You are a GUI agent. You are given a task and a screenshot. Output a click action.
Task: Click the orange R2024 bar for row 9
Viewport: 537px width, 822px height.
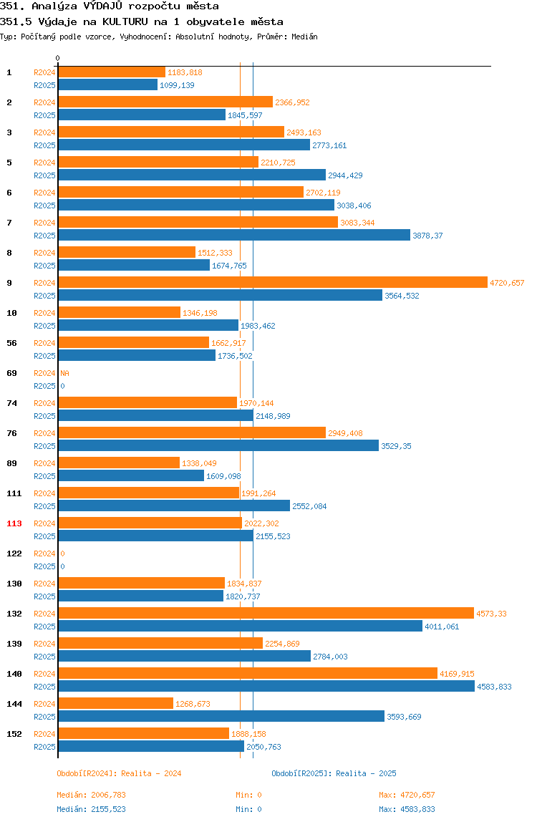click(x=273, y=283)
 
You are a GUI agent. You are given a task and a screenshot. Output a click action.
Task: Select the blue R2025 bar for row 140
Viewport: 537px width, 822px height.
click(x=266, y=686)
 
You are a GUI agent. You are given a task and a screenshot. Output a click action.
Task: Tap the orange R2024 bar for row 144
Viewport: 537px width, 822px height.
click(x=115, y=704)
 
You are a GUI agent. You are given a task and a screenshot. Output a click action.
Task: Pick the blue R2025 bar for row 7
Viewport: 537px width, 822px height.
click(x=234, y=236)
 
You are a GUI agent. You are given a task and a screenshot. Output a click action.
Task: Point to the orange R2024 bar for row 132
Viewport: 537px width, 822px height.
click(x=266, y=614)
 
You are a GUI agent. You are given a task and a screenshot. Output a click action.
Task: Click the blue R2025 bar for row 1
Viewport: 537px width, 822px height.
click(x=107, y=85)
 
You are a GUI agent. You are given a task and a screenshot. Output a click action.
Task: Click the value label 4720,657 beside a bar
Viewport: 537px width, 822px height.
click(x=507, y=283)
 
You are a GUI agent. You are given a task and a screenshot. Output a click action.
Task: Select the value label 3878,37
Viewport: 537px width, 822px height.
click(x=427, y=236)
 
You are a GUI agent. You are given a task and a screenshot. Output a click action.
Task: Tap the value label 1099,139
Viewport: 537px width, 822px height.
click(x=177, y=85)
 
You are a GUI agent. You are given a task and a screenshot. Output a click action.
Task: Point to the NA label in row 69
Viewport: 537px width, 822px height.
click(x=64, y=373)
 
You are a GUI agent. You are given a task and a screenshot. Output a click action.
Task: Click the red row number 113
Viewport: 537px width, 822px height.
click(x=14, y=523)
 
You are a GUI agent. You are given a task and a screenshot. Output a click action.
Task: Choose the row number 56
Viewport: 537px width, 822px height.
click(x=11, y=343)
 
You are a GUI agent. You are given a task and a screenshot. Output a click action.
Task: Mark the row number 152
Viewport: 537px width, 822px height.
click(x=14, y=734)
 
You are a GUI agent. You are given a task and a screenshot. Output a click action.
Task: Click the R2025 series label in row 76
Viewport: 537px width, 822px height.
click(x=44, y=446)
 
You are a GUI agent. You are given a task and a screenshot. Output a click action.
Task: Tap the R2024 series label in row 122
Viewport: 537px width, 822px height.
click(x=44, y=553)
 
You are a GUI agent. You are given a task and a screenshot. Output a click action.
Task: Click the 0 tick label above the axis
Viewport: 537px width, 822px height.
click(x=58, y=58)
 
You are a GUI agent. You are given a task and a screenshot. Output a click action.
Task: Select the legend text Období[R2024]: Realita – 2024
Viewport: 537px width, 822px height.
click(x=119, y=773)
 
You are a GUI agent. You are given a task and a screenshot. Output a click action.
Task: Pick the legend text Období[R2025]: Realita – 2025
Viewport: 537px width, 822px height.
click(x=334, y=773)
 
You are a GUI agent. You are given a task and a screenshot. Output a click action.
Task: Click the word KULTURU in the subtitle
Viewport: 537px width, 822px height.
click(x=125, y=22)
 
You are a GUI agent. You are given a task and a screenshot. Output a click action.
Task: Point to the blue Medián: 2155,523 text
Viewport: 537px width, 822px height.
click(x=91, y=809)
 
